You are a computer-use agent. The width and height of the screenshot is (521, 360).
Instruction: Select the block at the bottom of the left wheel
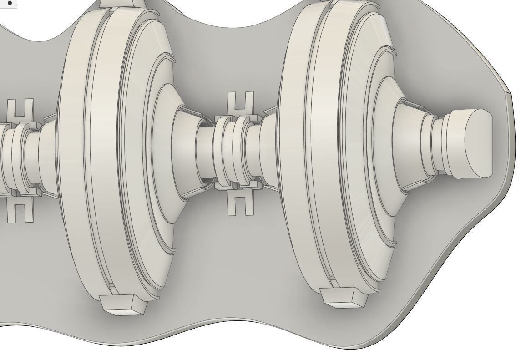coord(122,304)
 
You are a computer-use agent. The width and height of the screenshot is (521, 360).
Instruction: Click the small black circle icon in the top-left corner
coord(10,3)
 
